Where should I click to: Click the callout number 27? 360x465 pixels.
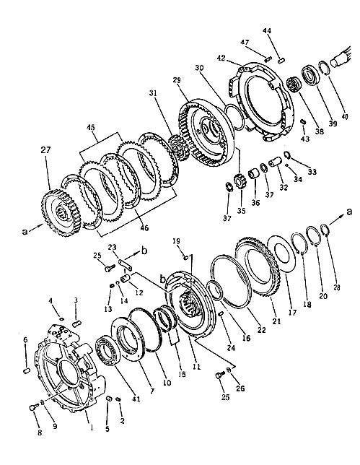45,150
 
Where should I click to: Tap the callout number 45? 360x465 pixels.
91,128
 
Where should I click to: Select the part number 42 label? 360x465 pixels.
221,57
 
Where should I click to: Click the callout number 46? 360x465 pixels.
144,227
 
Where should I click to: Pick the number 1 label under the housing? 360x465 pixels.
92,427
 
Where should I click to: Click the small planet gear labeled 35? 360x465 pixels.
238,181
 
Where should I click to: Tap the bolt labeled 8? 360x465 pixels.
34,408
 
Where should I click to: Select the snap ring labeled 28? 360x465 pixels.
325,230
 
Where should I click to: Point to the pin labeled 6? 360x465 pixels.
27,370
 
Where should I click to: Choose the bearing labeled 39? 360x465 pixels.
310,77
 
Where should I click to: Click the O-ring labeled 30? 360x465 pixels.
234,116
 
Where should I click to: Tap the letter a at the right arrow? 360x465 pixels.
349,212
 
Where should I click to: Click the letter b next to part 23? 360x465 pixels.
144,251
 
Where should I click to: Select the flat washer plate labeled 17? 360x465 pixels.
281,253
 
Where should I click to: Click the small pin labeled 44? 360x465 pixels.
281,60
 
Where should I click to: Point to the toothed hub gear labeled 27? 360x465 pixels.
61,212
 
